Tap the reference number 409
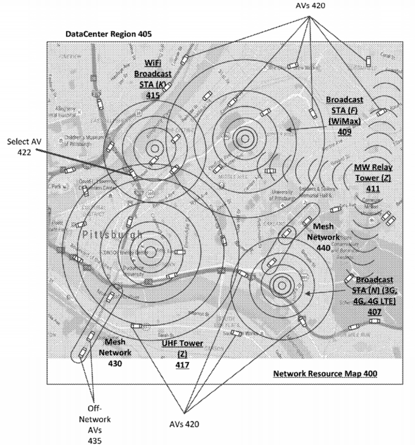pos(344,131)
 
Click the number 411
pos(373,188)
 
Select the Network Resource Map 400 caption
pos(325,373)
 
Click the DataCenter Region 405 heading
pos(109,34)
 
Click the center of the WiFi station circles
pos(154,148)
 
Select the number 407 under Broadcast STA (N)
pos(374,312)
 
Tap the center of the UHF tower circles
pos(150,252)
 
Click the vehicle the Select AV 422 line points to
pos(133,174)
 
